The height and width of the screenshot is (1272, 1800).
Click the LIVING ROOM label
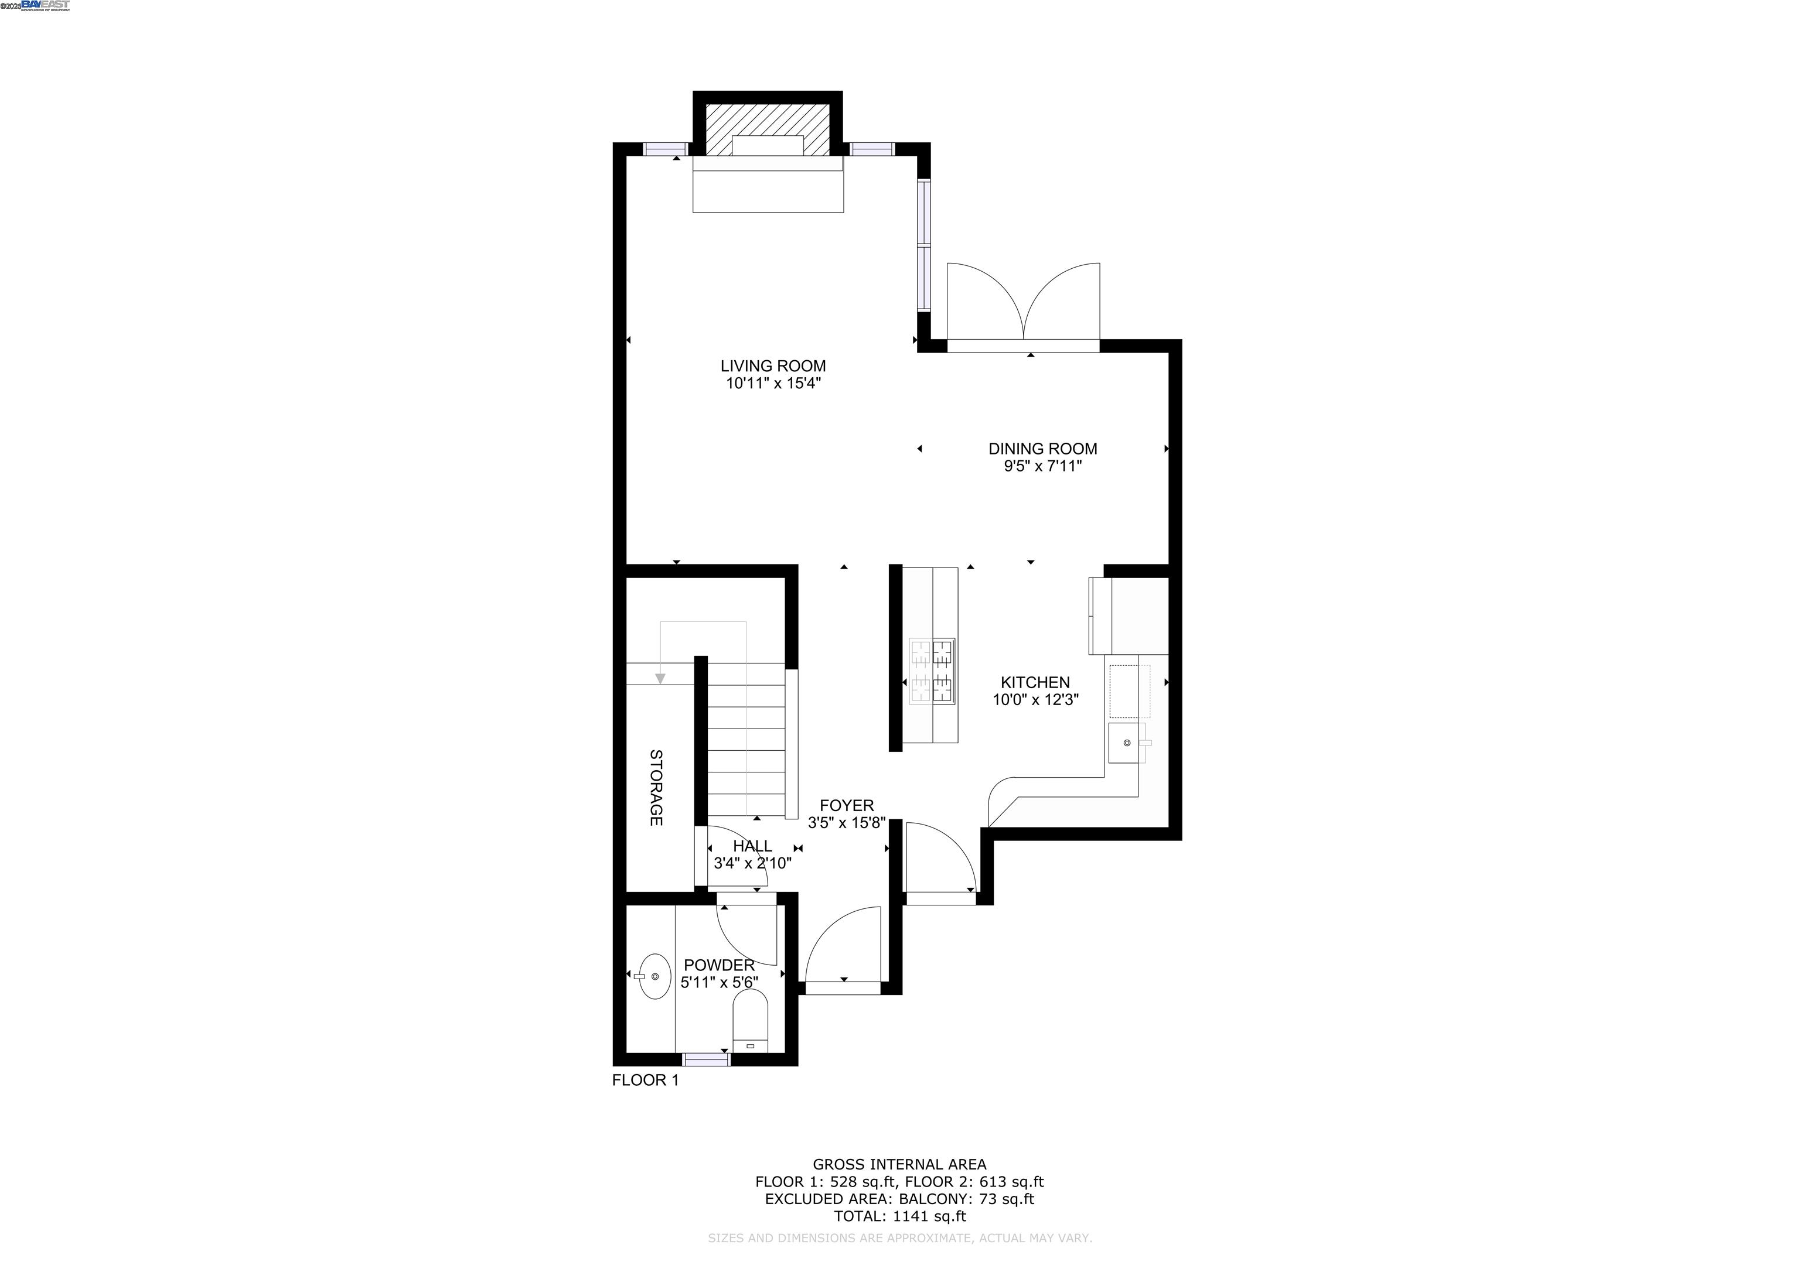coord(772,366)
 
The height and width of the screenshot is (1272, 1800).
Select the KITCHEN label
coord(1034,683)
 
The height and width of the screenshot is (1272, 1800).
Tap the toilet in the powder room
coord(750,1020)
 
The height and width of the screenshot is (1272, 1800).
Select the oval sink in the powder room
coord(654,976)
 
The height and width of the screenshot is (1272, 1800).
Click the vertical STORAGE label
coord(656,788)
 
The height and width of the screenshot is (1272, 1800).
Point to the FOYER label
coord(846,806)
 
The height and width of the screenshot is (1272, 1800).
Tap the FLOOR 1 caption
coord(645,1080)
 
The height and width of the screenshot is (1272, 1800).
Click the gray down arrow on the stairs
coord(660,678)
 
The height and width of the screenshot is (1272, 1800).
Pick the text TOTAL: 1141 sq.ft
coord(899,1216)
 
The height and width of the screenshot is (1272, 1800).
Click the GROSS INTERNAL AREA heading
coord(899,1165)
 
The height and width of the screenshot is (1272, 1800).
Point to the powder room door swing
coord(745,936)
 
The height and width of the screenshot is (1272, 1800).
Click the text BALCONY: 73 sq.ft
coord(966,1199)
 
